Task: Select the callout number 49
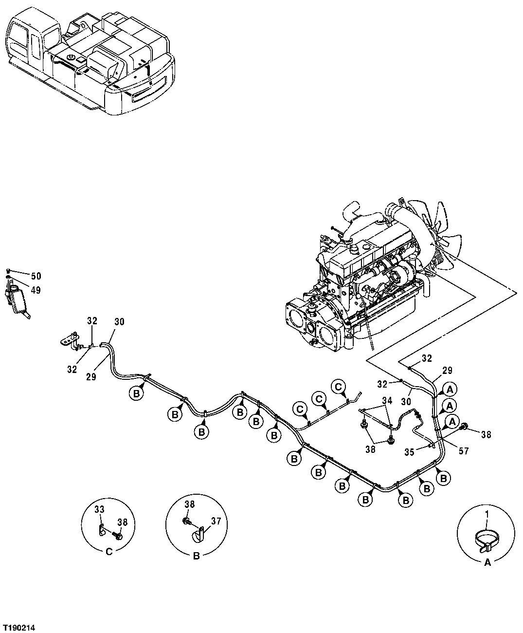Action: tap(36, 290)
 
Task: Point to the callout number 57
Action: tap(463, 451)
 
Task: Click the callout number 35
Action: tap(410, 451)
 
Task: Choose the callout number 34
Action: tap(387, 400)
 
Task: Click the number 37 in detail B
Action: tap(216, 521)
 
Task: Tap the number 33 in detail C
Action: tap(99, 509)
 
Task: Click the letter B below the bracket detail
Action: tap(197, 556)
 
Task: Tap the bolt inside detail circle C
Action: tap(118, 535)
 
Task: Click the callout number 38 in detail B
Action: tap(190, 505)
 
